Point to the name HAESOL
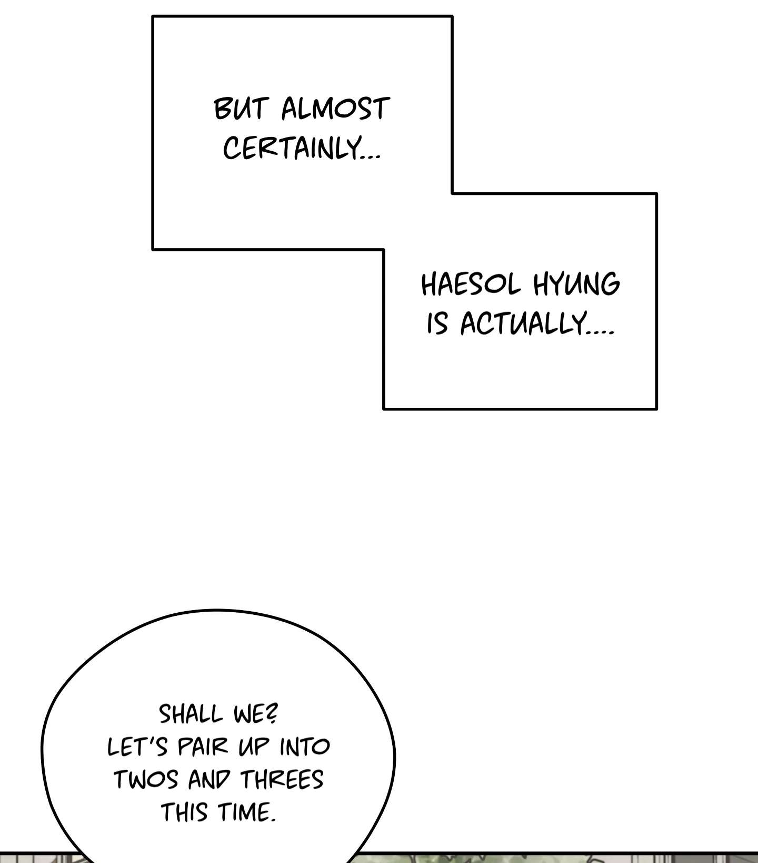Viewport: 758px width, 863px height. pyautogui.click(x=471, y=285)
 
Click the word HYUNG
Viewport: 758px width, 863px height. pyautogui.click(x=576, y=285)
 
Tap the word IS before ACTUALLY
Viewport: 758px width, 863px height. pyautogui.click(x=437, y=323)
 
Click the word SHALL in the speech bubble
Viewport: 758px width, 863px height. pyautogui.click(x=191, y=714)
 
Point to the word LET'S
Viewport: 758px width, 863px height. pyautogui.click(x=137, y=747)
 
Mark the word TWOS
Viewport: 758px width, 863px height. pyautogui.click(x=146, y=780)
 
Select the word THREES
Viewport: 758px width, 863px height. pyautogui.click(x=282, y=780)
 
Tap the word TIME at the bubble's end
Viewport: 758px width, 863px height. pyautogui.click(x=243, y=812)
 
